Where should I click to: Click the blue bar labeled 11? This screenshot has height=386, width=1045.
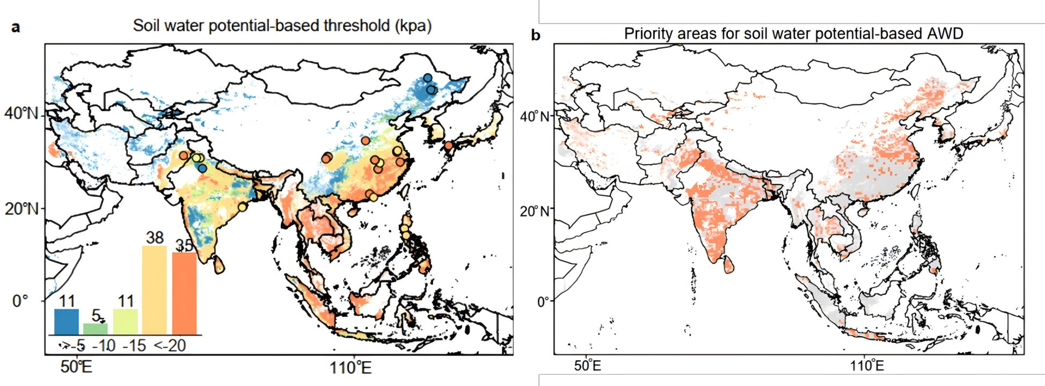click(67, 322)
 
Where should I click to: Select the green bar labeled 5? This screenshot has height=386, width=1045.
click(96, 329)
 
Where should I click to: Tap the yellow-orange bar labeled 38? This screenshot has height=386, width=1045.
click(155, 290)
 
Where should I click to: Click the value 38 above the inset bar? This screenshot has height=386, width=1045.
click(155, 237)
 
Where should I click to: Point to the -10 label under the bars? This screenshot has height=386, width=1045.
click(104, 346)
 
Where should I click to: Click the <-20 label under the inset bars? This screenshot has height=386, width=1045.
click(170, 346)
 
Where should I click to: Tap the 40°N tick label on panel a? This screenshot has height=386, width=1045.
click(21, 114)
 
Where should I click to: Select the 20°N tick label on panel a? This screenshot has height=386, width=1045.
click(21, 209)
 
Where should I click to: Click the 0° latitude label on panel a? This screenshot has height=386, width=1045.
click(20, 301)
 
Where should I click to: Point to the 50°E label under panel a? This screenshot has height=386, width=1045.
click(76, 368)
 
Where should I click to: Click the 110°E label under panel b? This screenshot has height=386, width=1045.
click(867, 367)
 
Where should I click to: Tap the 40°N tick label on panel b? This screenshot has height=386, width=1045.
click(535, 116)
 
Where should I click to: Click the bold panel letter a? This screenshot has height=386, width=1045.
click(16, 27)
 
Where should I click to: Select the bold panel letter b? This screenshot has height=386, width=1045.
click(535, 35)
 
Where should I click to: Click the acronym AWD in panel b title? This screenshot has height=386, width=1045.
click(945, 34)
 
